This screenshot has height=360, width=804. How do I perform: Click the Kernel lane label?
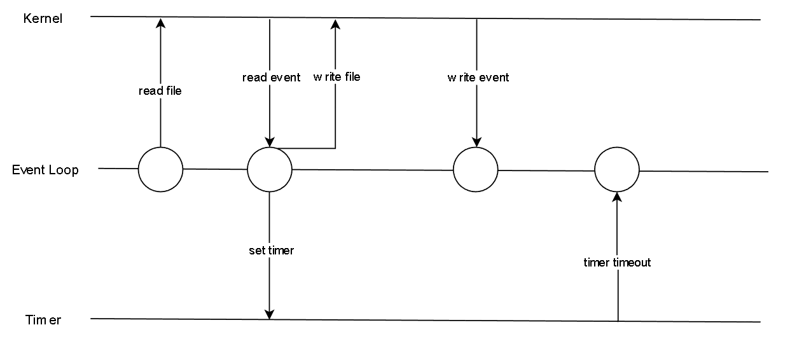[x=43, y=18]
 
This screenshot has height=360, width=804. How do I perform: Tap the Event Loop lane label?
[x=45, y=170]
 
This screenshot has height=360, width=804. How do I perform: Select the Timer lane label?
[x=43, y=320]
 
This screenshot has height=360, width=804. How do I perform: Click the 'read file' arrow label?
[x=160, y=91]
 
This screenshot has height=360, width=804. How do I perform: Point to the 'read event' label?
[x=271, y=78]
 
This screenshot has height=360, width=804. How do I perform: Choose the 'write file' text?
[x=336, y=77]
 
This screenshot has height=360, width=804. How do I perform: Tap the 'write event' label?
[x=478, y=78]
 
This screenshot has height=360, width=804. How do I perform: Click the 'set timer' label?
[x=271, y=251]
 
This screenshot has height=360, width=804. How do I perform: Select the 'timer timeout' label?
[x=617, y=263]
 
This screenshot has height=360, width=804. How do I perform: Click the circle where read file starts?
[x=160, y=169]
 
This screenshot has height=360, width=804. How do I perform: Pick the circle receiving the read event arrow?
[x=269, y=169]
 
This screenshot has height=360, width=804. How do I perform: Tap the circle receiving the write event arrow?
[x=476, y=170]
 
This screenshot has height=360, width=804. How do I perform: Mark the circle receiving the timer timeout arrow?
[x=616, y=170]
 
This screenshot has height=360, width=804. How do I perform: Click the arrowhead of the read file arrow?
[x=160, y=22]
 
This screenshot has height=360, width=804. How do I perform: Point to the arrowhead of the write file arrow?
[x=335, y=24]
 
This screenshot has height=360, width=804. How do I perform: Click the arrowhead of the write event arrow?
[x=476, y=142]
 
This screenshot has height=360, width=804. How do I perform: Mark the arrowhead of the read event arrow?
[x=269, y=142]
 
